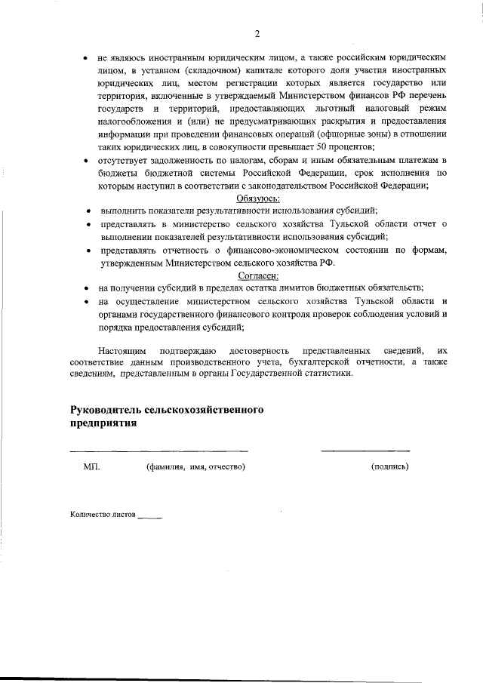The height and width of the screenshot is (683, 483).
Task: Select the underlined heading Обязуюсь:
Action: click(x=258, y=198)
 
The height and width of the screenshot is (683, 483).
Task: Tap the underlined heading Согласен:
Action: click(x=258, y=275)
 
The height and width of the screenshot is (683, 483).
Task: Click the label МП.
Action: click(x=91, y=466)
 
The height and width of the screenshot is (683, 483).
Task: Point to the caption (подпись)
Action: click(x=390, y=466)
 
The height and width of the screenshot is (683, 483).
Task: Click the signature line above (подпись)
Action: click(x=365, y=451)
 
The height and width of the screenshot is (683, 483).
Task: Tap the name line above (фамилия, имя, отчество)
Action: click(x=159, y=451)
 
